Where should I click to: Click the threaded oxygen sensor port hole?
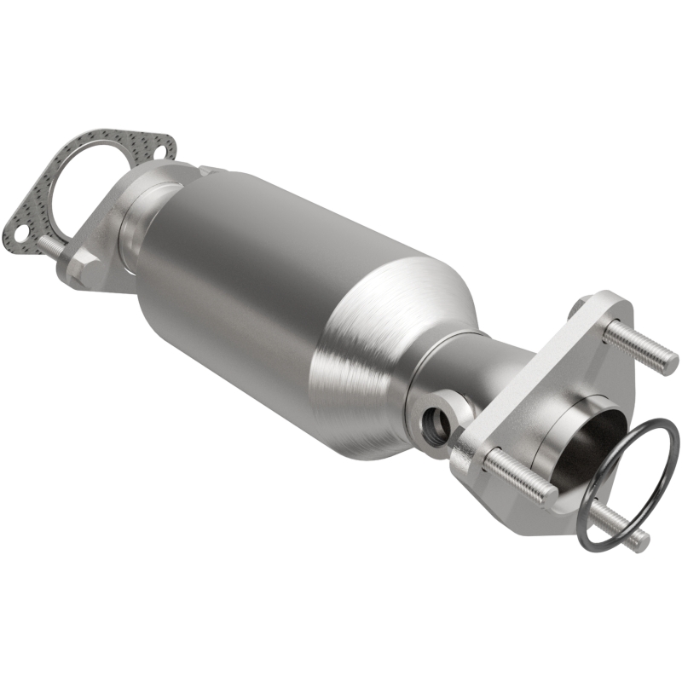436,420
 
